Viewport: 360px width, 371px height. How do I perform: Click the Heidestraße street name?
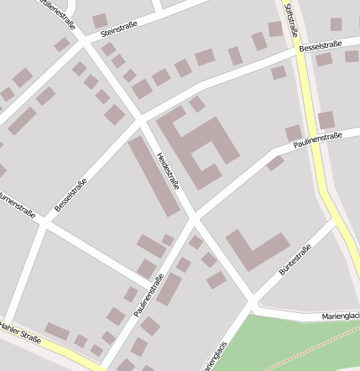(168, 170)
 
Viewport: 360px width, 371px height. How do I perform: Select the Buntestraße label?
(295, 260)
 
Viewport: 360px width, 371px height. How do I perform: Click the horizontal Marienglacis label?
(341, 316)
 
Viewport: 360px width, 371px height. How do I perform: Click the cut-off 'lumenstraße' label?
(17, 207)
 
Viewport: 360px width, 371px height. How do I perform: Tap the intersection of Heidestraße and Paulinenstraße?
(193, 217)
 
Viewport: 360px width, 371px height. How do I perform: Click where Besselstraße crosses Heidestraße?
(139, 120)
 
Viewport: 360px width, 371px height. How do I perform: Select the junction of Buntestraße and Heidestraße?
(252, 300)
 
